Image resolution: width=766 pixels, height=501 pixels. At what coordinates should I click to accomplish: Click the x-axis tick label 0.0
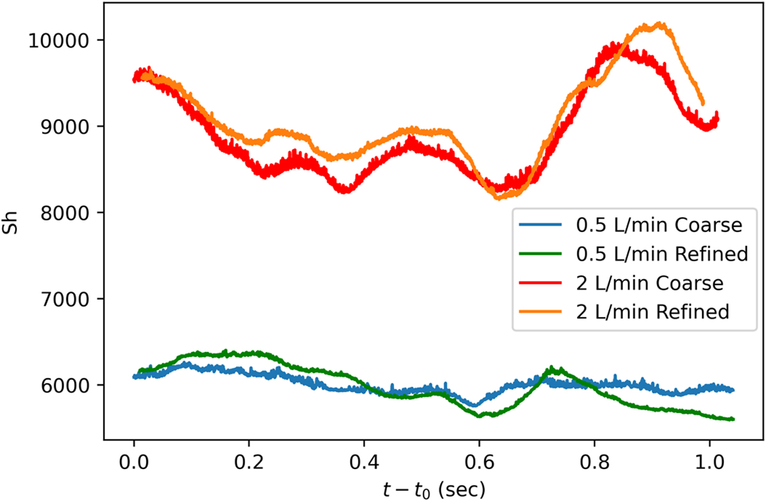tap(134, 461)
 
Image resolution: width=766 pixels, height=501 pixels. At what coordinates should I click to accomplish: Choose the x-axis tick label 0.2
tap(249, 461)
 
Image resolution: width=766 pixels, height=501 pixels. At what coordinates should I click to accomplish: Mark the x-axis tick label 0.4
tap(364, 461)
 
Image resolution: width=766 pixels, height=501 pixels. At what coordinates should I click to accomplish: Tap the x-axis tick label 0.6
tap(479, 461)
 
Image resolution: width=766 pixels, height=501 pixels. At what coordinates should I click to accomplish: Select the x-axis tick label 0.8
tap(594, 461)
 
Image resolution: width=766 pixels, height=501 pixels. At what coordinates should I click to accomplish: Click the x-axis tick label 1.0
tap(709, 461)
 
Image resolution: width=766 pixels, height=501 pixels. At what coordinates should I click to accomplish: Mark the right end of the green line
tap(733, 419)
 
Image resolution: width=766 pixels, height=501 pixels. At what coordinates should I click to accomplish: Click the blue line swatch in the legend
tap(541, 226)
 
